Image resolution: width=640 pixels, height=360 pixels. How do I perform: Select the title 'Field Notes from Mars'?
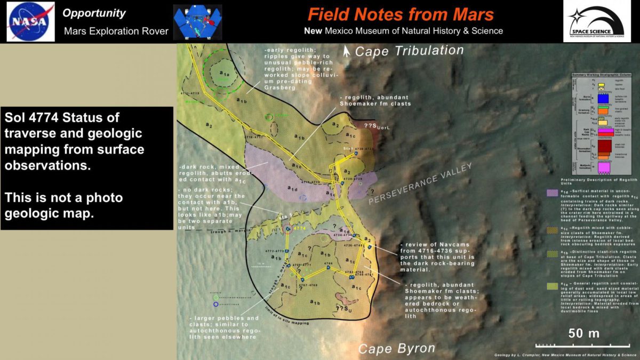[x=401, y=14]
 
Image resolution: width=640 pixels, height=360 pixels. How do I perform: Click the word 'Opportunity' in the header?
[x=94, y=13]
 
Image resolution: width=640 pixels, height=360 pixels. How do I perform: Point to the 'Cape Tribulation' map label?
[x=409, y=51]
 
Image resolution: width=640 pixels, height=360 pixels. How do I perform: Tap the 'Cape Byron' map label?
[x=396, y=349]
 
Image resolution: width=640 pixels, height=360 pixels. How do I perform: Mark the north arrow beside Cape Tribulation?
[x=347, y=51]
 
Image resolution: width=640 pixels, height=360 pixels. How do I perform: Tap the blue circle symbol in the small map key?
[x=215, y=304]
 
